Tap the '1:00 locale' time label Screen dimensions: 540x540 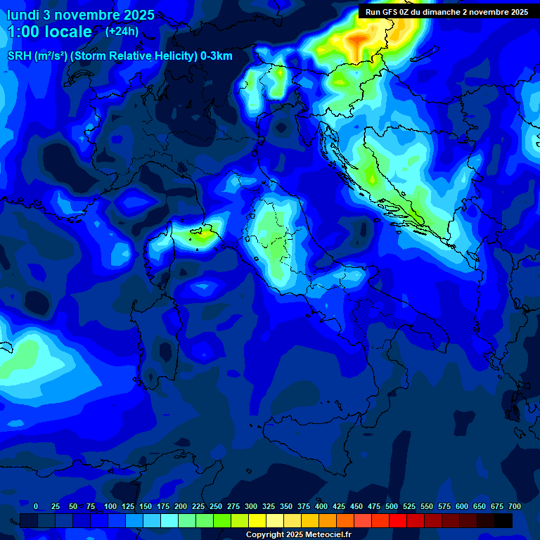(x=49, y=32)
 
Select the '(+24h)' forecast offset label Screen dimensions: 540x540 (x=122, y=31)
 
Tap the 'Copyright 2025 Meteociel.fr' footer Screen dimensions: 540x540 (x=298, y=534)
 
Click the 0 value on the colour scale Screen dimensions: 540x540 (x=36, y=506)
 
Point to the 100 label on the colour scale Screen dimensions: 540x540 (x=110, y=506)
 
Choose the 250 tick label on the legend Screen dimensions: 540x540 (x=216, y=506)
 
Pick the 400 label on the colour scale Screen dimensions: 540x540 (x=321, y=506)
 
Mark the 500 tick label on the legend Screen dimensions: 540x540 (x=392, y=506)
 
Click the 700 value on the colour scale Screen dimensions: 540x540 (x=514, y=506)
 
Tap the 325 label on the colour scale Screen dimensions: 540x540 (x=269, y=506)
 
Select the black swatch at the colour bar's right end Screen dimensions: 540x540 (x=503, y=520)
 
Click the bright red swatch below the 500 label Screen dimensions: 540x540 (x=398, y=520)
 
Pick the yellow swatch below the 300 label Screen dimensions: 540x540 (x=257, y=520)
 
